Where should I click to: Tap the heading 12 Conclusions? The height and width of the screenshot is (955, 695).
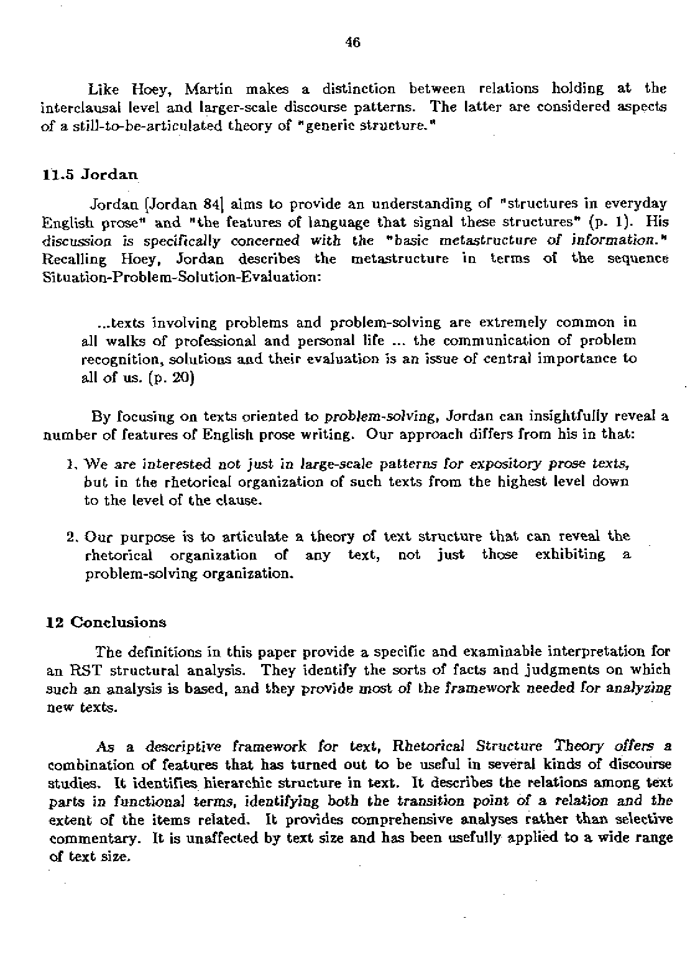click(x=108, y=622)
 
